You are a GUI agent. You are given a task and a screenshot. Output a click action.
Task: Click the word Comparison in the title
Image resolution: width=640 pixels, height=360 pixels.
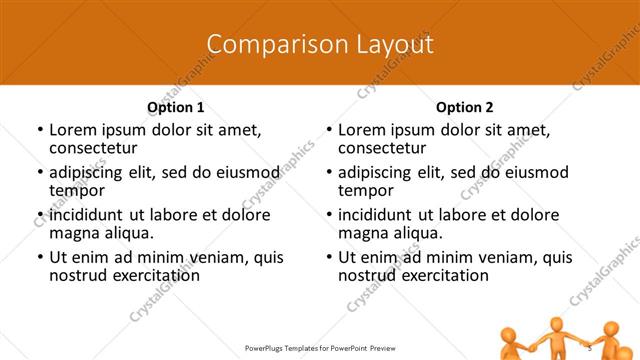[x=265, y=44]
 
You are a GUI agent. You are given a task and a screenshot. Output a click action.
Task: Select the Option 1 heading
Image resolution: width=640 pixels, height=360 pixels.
[x=176, y=107]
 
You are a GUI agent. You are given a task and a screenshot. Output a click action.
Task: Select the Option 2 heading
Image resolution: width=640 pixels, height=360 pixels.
[x=465, y=107]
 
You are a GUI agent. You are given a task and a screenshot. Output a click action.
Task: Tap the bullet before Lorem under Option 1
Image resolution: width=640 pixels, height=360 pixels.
[x=39, y=130]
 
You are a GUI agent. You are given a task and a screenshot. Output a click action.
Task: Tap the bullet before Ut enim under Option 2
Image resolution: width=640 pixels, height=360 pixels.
[x=328, y=257]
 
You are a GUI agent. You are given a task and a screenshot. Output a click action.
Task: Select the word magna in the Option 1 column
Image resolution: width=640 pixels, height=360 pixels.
[x=74, y=233]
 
